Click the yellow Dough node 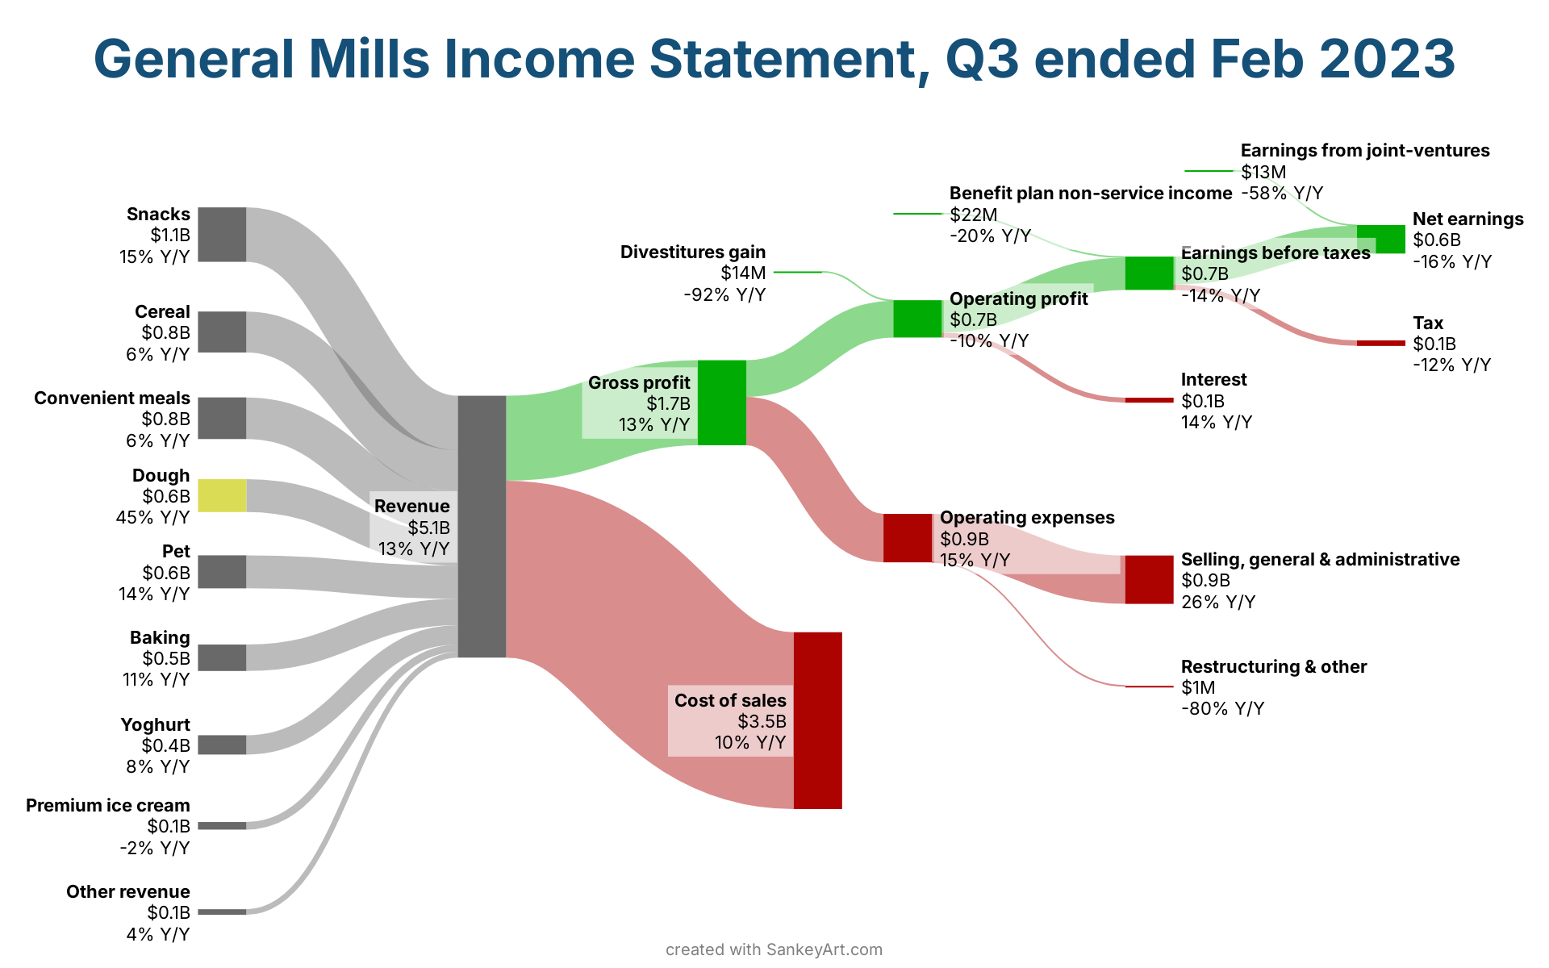[222, 495]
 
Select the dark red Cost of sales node [817, 720]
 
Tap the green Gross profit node [721, 403]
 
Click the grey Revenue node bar [482, 526]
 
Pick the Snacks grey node [222, 235]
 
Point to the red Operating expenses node [908, 537]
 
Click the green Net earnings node [1381, 240]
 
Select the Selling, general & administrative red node [1149, 579]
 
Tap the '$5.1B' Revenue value [428, 528]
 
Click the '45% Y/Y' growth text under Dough [153, 517]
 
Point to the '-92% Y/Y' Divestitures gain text [724, 294]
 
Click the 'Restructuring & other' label [1274, 666]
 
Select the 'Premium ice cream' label [108, 805]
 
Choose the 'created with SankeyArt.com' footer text [774, 949]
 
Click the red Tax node [1381, 343]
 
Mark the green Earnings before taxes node [1149, 273]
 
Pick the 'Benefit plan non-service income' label [1091, 193]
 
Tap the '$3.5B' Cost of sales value [762, 721]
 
